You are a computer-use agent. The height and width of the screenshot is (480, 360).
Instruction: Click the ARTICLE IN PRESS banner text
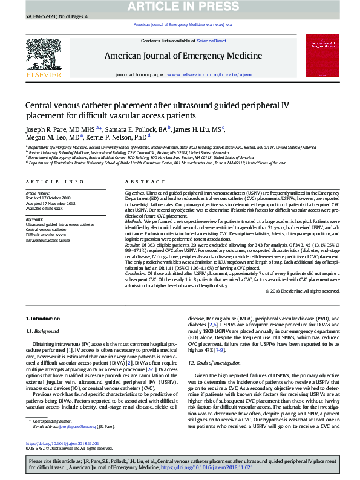coord(180,6)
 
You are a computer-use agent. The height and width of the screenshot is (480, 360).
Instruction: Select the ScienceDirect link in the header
coord(211,41)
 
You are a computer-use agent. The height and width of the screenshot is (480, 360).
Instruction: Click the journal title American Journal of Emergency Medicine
coord(179,56)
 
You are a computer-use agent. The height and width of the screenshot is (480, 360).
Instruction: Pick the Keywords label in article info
coord(35,219)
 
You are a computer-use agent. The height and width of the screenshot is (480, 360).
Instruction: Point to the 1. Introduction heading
coord(44,319)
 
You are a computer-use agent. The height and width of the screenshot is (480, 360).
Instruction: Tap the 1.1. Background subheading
coord(42,331)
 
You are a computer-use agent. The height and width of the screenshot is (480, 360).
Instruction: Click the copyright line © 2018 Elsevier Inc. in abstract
coord(302,291)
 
